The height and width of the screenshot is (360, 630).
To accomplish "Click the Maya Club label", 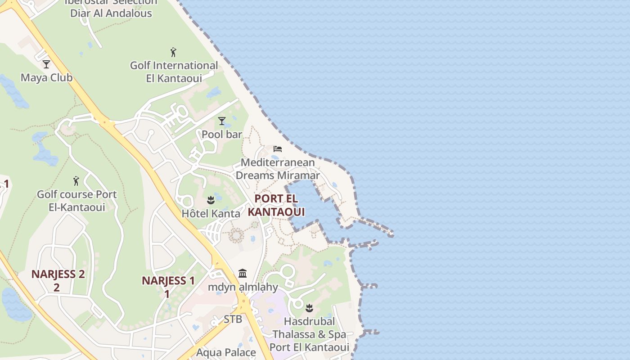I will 46,77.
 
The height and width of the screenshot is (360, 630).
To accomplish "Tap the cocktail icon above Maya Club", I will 46,64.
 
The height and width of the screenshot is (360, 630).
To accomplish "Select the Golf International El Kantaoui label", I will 174,72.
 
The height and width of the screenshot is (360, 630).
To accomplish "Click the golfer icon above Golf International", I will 173,52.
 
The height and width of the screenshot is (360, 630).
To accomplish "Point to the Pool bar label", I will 222,134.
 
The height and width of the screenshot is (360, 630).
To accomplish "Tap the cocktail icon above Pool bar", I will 221,121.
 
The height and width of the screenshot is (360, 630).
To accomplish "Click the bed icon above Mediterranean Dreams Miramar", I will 278,148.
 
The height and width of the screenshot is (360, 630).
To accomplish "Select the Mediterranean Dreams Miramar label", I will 278,169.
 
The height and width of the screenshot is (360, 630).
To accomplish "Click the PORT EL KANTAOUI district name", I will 276,205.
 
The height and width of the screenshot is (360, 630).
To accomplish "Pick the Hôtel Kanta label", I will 211,213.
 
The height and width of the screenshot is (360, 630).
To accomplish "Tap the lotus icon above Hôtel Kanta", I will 211,200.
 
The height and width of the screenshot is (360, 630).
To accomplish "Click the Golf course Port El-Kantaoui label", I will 76,201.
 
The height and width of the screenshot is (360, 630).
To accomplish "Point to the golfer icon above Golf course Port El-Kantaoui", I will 76,181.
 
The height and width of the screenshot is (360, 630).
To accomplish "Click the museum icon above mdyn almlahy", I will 243,273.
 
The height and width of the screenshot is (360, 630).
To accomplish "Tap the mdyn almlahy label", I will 243,287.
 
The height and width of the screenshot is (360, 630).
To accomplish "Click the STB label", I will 233,319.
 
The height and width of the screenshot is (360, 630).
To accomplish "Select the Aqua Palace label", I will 226,352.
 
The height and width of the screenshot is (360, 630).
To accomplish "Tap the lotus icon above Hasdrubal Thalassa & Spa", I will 309,308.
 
